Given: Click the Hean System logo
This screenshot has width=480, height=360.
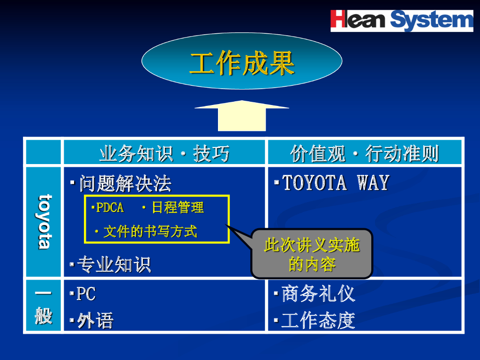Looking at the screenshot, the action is [x=402, y=21].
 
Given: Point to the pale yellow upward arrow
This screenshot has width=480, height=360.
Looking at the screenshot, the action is [x=242, y=116].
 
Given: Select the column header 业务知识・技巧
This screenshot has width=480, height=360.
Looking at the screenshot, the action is [x=164, y=153].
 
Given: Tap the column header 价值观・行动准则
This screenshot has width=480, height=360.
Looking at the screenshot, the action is [x=365, y=153].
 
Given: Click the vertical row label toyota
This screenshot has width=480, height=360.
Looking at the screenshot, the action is [x=44, y=221].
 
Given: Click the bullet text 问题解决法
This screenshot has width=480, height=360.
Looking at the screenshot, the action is [x=125, y=183].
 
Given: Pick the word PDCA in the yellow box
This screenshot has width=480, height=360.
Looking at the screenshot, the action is [x=110, y=208].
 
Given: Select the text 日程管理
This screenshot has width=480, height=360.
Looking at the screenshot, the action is [x=177, y=207].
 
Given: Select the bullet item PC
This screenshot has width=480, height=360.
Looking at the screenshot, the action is [x=86, y=294].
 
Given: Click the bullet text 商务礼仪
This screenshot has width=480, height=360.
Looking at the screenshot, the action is [x=318, y=294].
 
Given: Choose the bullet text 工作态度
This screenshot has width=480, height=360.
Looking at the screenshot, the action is [x=318, y=321].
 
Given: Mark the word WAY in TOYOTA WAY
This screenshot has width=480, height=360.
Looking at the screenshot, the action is [x=373, y=182].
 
